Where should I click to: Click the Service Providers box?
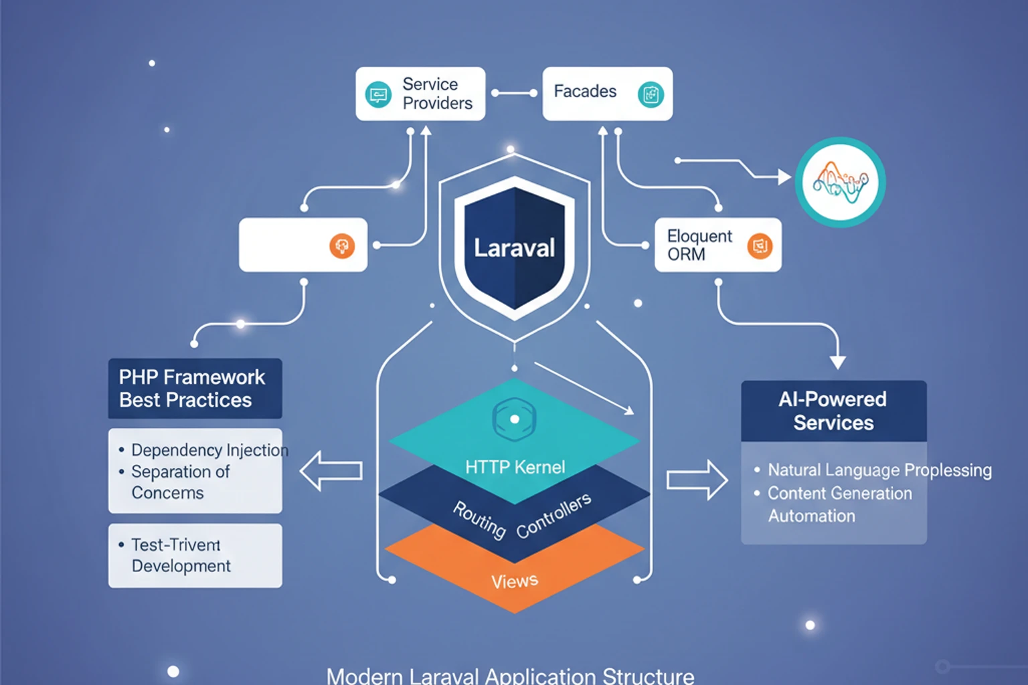(420, 94)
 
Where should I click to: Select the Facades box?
(607, 94)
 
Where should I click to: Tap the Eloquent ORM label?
(699, 245)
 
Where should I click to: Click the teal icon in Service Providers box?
(378, 94)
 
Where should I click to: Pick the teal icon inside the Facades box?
(651, 94)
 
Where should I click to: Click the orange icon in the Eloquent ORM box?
(760, 246)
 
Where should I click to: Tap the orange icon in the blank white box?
(342, 246)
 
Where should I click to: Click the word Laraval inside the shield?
(514, 248)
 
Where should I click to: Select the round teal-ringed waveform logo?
(840, 182)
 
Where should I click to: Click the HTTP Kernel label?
(515, 467)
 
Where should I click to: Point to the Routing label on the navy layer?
(479, 519)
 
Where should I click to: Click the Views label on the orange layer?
(514, 581)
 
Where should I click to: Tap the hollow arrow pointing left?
(331, 471)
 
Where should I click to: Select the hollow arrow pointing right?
(697, 480)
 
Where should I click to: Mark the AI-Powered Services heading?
(833, 411)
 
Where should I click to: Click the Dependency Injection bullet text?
(209, 450)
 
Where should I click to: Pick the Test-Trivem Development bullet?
(181, 555)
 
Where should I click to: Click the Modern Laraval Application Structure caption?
(510, 675)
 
